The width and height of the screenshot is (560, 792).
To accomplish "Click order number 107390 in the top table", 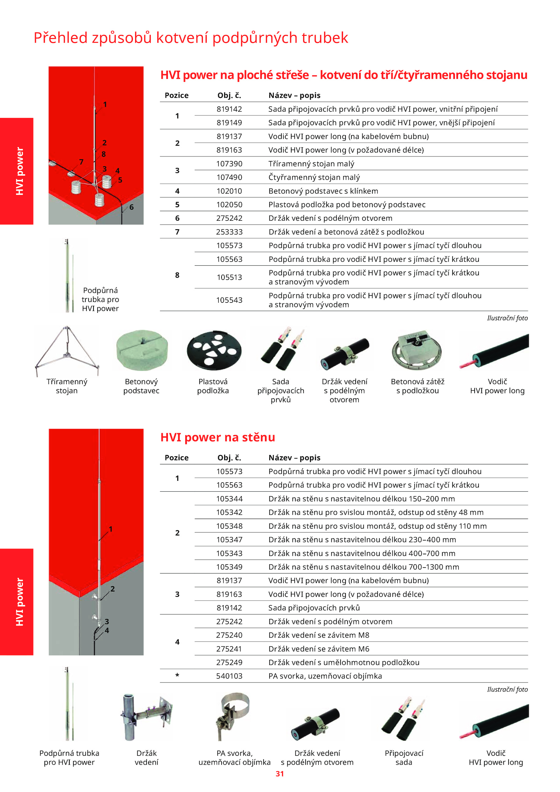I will point(229,164).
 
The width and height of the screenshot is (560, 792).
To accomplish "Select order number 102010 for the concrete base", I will point(229,191).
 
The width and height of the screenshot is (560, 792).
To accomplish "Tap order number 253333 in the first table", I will point(229,232).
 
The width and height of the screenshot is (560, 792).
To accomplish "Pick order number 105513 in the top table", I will point(229,278).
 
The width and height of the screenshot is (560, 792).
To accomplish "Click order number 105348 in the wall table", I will point(229,526).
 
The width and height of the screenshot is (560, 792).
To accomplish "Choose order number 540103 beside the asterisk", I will point(229,676).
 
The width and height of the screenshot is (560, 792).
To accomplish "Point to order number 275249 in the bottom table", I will point(229,663).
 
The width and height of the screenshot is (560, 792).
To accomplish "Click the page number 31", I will point(280,774).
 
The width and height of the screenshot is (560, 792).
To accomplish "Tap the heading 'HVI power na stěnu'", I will point(218,437).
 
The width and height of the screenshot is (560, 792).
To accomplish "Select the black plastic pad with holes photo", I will point(214,350).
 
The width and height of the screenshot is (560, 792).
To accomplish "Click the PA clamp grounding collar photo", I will point(233,716).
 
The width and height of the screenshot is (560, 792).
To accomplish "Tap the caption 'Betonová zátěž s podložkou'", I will point(418,386).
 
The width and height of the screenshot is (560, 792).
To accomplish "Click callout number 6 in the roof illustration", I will point(131,207).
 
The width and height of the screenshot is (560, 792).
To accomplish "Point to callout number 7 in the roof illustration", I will point(81,162).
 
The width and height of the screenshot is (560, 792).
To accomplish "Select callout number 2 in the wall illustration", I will point(112,589).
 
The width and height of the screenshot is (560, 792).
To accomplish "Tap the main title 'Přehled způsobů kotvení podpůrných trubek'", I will point(191,38).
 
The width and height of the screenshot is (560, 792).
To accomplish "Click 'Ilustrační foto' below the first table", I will point(507,318).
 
